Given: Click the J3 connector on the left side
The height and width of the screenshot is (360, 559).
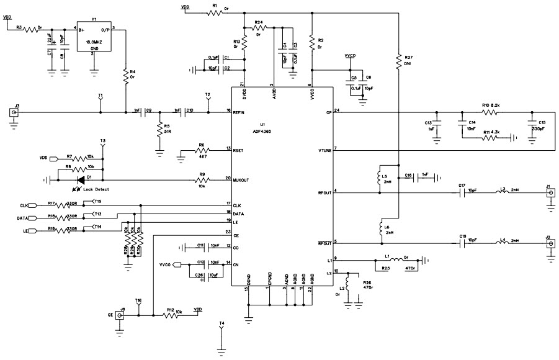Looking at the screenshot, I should tap(12, 112).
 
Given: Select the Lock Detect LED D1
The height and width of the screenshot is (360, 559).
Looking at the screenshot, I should tap(80, 179).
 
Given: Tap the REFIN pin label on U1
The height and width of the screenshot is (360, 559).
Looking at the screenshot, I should tap(241, 113).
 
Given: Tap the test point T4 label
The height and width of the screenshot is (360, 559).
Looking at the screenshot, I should tap(221, 324).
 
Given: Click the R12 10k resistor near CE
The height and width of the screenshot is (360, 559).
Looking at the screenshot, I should tap(170, 315).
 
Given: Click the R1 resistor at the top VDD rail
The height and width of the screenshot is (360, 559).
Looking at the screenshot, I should tap(215, 11).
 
